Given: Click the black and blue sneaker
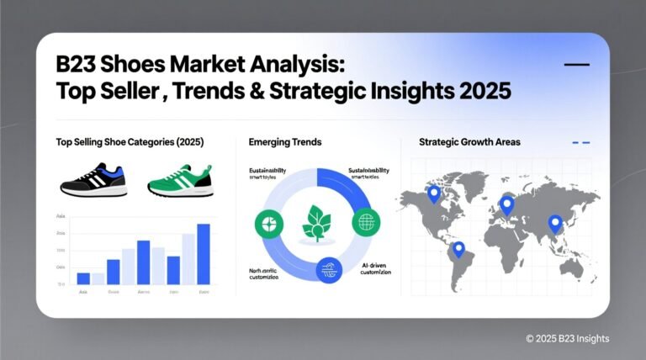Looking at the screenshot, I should [x=93, y=179].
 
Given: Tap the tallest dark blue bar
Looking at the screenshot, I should [x=204, y=253].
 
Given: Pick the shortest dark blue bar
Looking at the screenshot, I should [x=83, y=278].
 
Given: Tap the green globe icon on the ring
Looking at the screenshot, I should [x=365, y=223].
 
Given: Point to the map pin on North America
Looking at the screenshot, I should [x=434, y=194].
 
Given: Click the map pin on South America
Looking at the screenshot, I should [x=458, y=249].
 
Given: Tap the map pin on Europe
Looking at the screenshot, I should [x=506, y=204].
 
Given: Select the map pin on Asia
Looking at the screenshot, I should [x=555, y=223].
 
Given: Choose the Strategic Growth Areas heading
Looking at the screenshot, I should [x=469, y=142].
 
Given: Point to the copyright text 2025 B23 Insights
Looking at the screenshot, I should [x=567, y=338].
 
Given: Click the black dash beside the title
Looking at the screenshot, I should [x=576, y=65].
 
